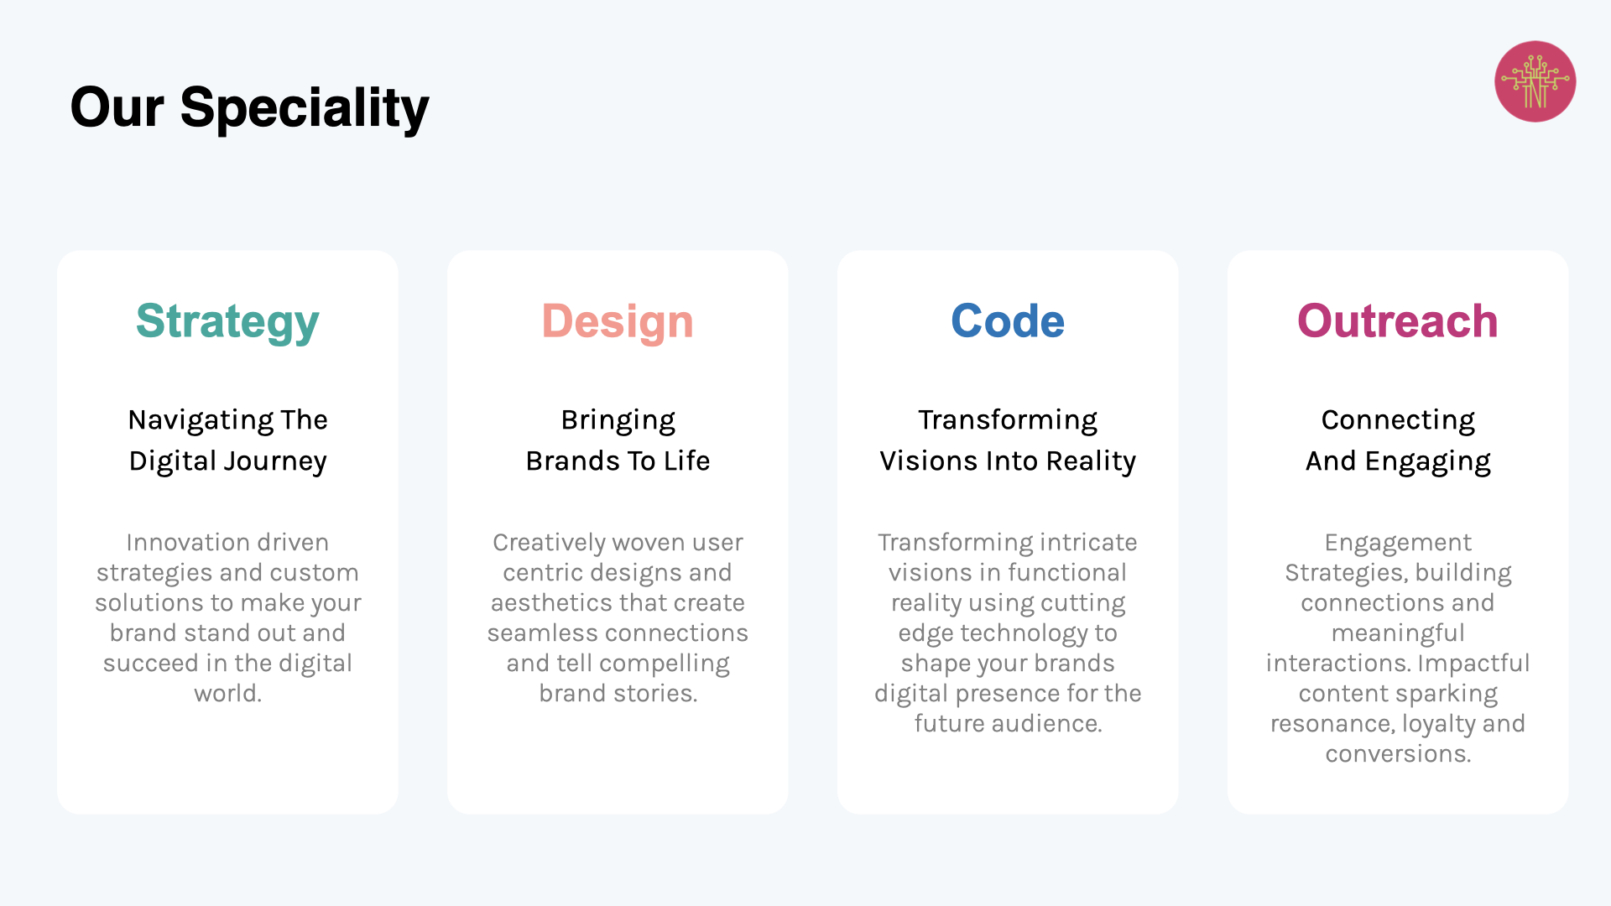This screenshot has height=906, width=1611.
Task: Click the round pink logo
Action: [x=1535, y=81]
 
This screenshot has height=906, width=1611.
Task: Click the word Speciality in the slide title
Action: [x=304, y=109]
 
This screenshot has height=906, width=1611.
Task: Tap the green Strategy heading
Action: [x=227, y=322]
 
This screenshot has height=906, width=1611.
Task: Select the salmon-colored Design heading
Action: [x=618, y=322]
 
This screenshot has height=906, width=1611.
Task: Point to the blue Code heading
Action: [x=1008, y=320]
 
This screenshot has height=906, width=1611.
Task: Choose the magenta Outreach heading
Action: [x=1398, y=320]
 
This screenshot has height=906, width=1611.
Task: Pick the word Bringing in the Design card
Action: [x=618, y=420]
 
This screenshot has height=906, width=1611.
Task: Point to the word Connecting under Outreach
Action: [x=1398, y=420]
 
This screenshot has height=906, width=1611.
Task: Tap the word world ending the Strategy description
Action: [x=227, y=693]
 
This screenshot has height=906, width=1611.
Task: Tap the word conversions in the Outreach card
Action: [x=1398, y=753]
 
